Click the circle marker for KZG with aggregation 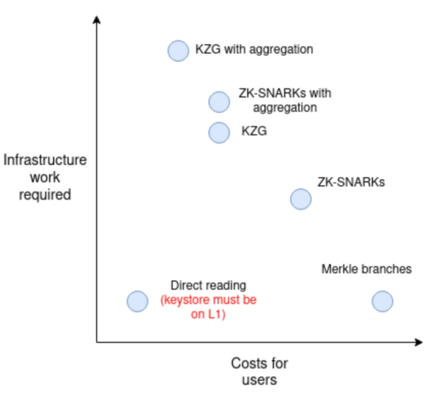coord(178,51)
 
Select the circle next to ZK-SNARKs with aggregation coord(219,102)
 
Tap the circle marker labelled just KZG coord(219,133)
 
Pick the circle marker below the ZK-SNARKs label coord(301,199)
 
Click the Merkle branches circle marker coord(382,301)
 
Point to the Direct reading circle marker coord(138,301)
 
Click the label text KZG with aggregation coord(254,49)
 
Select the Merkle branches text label coord(366,269)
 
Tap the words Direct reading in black coord(208,286)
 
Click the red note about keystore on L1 coord(208,307)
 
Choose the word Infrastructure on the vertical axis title coord(45,160)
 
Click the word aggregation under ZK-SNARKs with coord(285,108)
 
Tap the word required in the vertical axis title coord(45,195)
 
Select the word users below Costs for coord(259,380)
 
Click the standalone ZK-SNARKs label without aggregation coord(351,182)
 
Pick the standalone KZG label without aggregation coord(254,131)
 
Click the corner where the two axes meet coord(97,342)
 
